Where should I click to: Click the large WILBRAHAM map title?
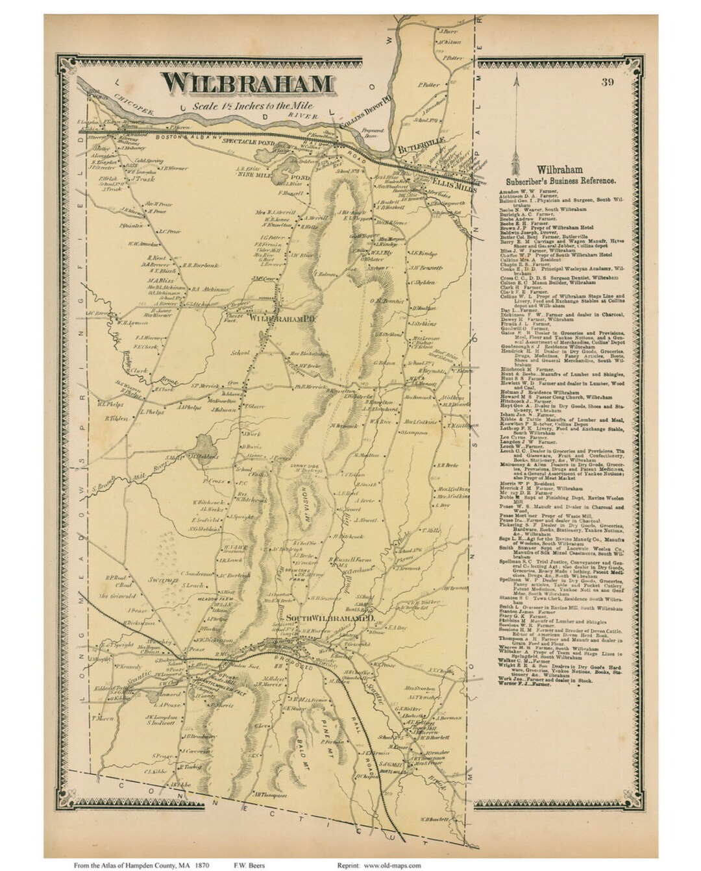[x=247, y=83]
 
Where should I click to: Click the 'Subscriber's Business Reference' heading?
[x=558, y=182]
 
